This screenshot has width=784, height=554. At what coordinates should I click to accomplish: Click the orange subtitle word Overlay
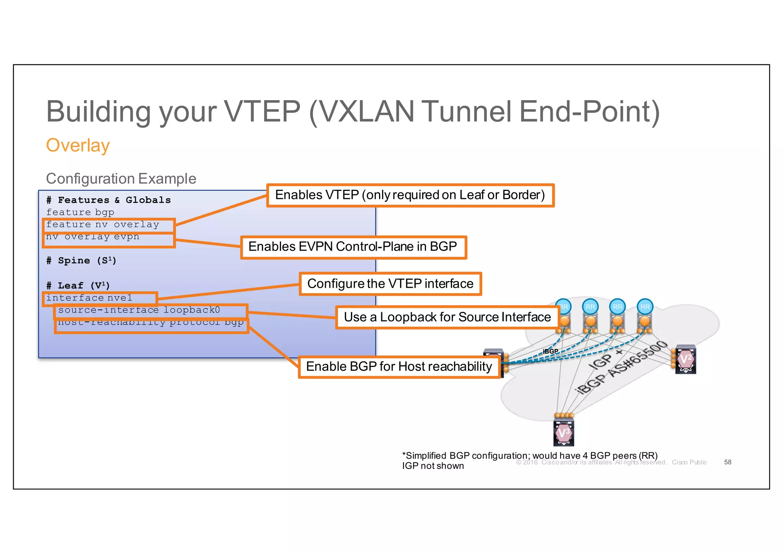[78, 145]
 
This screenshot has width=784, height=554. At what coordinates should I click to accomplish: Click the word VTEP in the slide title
[262, 111]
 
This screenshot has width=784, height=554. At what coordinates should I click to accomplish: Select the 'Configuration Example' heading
[121, 179]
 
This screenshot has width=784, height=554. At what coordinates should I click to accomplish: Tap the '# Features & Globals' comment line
[108, 200]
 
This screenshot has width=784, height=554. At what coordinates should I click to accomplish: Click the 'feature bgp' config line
[80, 212]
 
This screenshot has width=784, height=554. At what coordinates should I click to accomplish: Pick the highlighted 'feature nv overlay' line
[103, 225]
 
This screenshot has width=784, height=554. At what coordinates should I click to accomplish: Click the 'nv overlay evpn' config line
[93, 237]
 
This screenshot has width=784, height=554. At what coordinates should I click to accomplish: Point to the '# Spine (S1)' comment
[81, 261]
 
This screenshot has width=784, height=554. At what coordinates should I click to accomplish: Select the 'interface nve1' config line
[89, 298]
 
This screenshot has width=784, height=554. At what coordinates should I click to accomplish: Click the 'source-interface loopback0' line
[139, 310]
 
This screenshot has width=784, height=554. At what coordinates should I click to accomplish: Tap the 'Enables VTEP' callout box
[410, 195]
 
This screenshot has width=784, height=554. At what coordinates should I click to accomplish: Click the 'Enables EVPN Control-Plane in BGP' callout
[353, 247]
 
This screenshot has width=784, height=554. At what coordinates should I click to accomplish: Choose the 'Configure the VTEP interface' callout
[390, 284]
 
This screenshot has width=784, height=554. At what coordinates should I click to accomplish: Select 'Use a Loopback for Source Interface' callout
[447, 317]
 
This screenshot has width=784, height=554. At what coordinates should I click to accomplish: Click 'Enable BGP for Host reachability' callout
[399, 367]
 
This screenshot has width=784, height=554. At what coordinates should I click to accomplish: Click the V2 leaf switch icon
[685, 359]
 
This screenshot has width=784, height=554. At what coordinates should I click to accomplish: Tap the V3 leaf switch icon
[563, 433]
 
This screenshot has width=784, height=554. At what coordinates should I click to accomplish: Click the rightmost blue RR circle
[645, 306]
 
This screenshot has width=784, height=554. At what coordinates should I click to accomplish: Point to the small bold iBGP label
[550, 351]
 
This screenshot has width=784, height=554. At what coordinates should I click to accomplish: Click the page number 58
[727, 462]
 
